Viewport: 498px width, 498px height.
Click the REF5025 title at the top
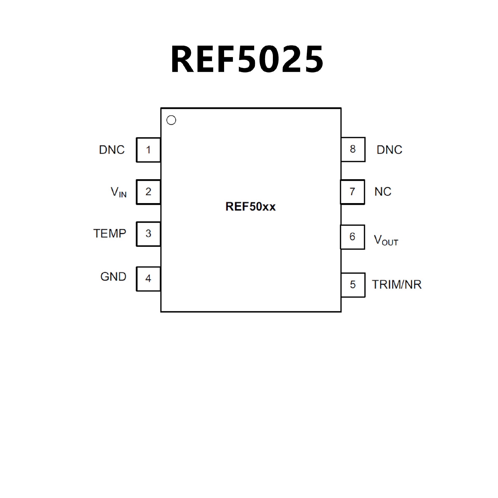pyautogui.click(x=247, y=59)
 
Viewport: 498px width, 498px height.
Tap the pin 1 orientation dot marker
pyautogui.click(x=171, y=120)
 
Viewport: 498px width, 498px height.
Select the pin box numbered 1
pyautogui.click(x=148, y=150)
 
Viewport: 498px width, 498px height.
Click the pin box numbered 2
pyautogui.click(x=148, y=192)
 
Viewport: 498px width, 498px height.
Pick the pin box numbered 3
pyautogui.click(x=148, y=234)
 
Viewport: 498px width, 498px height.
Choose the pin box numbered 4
pyautogui.click(x=148, y=279)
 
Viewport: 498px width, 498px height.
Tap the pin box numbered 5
pyautogui.click(x=353, y=285)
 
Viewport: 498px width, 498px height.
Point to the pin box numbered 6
pyautogui.click(x=352, y=237)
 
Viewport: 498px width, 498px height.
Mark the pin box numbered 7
pyautogui.click(x=352, y=192)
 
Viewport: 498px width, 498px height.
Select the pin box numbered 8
pyautogui.click(x=353, y=149)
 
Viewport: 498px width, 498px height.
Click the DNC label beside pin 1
pyautogui.click(x=112, y=150)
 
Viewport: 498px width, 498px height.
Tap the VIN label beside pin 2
pyautogui.click(x=119, y=192)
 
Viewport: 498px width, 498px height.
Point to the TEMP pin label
pyautogui.click(x=110, y=234)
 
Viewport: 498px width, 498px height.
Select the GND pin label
pyautogui.click(x=113, y=277)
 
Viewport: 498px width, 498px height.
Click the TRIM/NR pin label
pyautogui.click(x=397, y=285)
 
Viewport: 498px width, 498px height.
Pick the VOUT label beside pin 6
pyautogui.click(x=386, y=240)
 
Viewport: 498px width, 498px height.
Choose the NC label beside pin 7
pyautogui.click(x=383, y=192)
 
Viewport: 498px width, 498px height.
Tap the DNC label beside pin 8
pyautogui.click(x=389, y=150)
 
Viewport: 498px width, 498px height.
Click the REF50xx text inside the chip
pyautogui.click(x=251, y=207)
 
